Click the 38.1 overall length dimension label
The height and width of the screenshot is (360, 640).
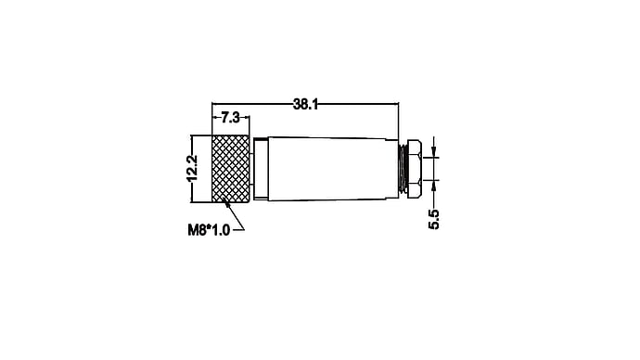[x=305, y=105]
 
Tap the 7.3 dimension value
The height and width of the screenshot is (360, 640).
[x=230, y=118]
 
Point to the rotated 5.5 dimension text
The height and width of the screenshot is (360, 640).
[x=433, y=219]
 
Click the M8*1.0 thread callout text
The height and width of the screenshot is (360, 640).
[x=209, y=230]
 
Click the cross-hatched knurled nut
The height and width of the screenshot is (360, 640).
[x=231, y=169]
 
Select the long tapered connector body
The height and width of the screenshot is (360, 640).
[x=332, y=169]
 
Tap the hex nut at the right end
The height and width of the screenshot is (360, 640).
[x=414, y=169]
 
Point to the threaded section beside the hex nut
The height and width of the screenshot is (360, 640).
[x=403, y=169]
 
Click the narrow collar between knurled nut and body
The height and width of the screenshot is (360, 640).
[x=260, y=169]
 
